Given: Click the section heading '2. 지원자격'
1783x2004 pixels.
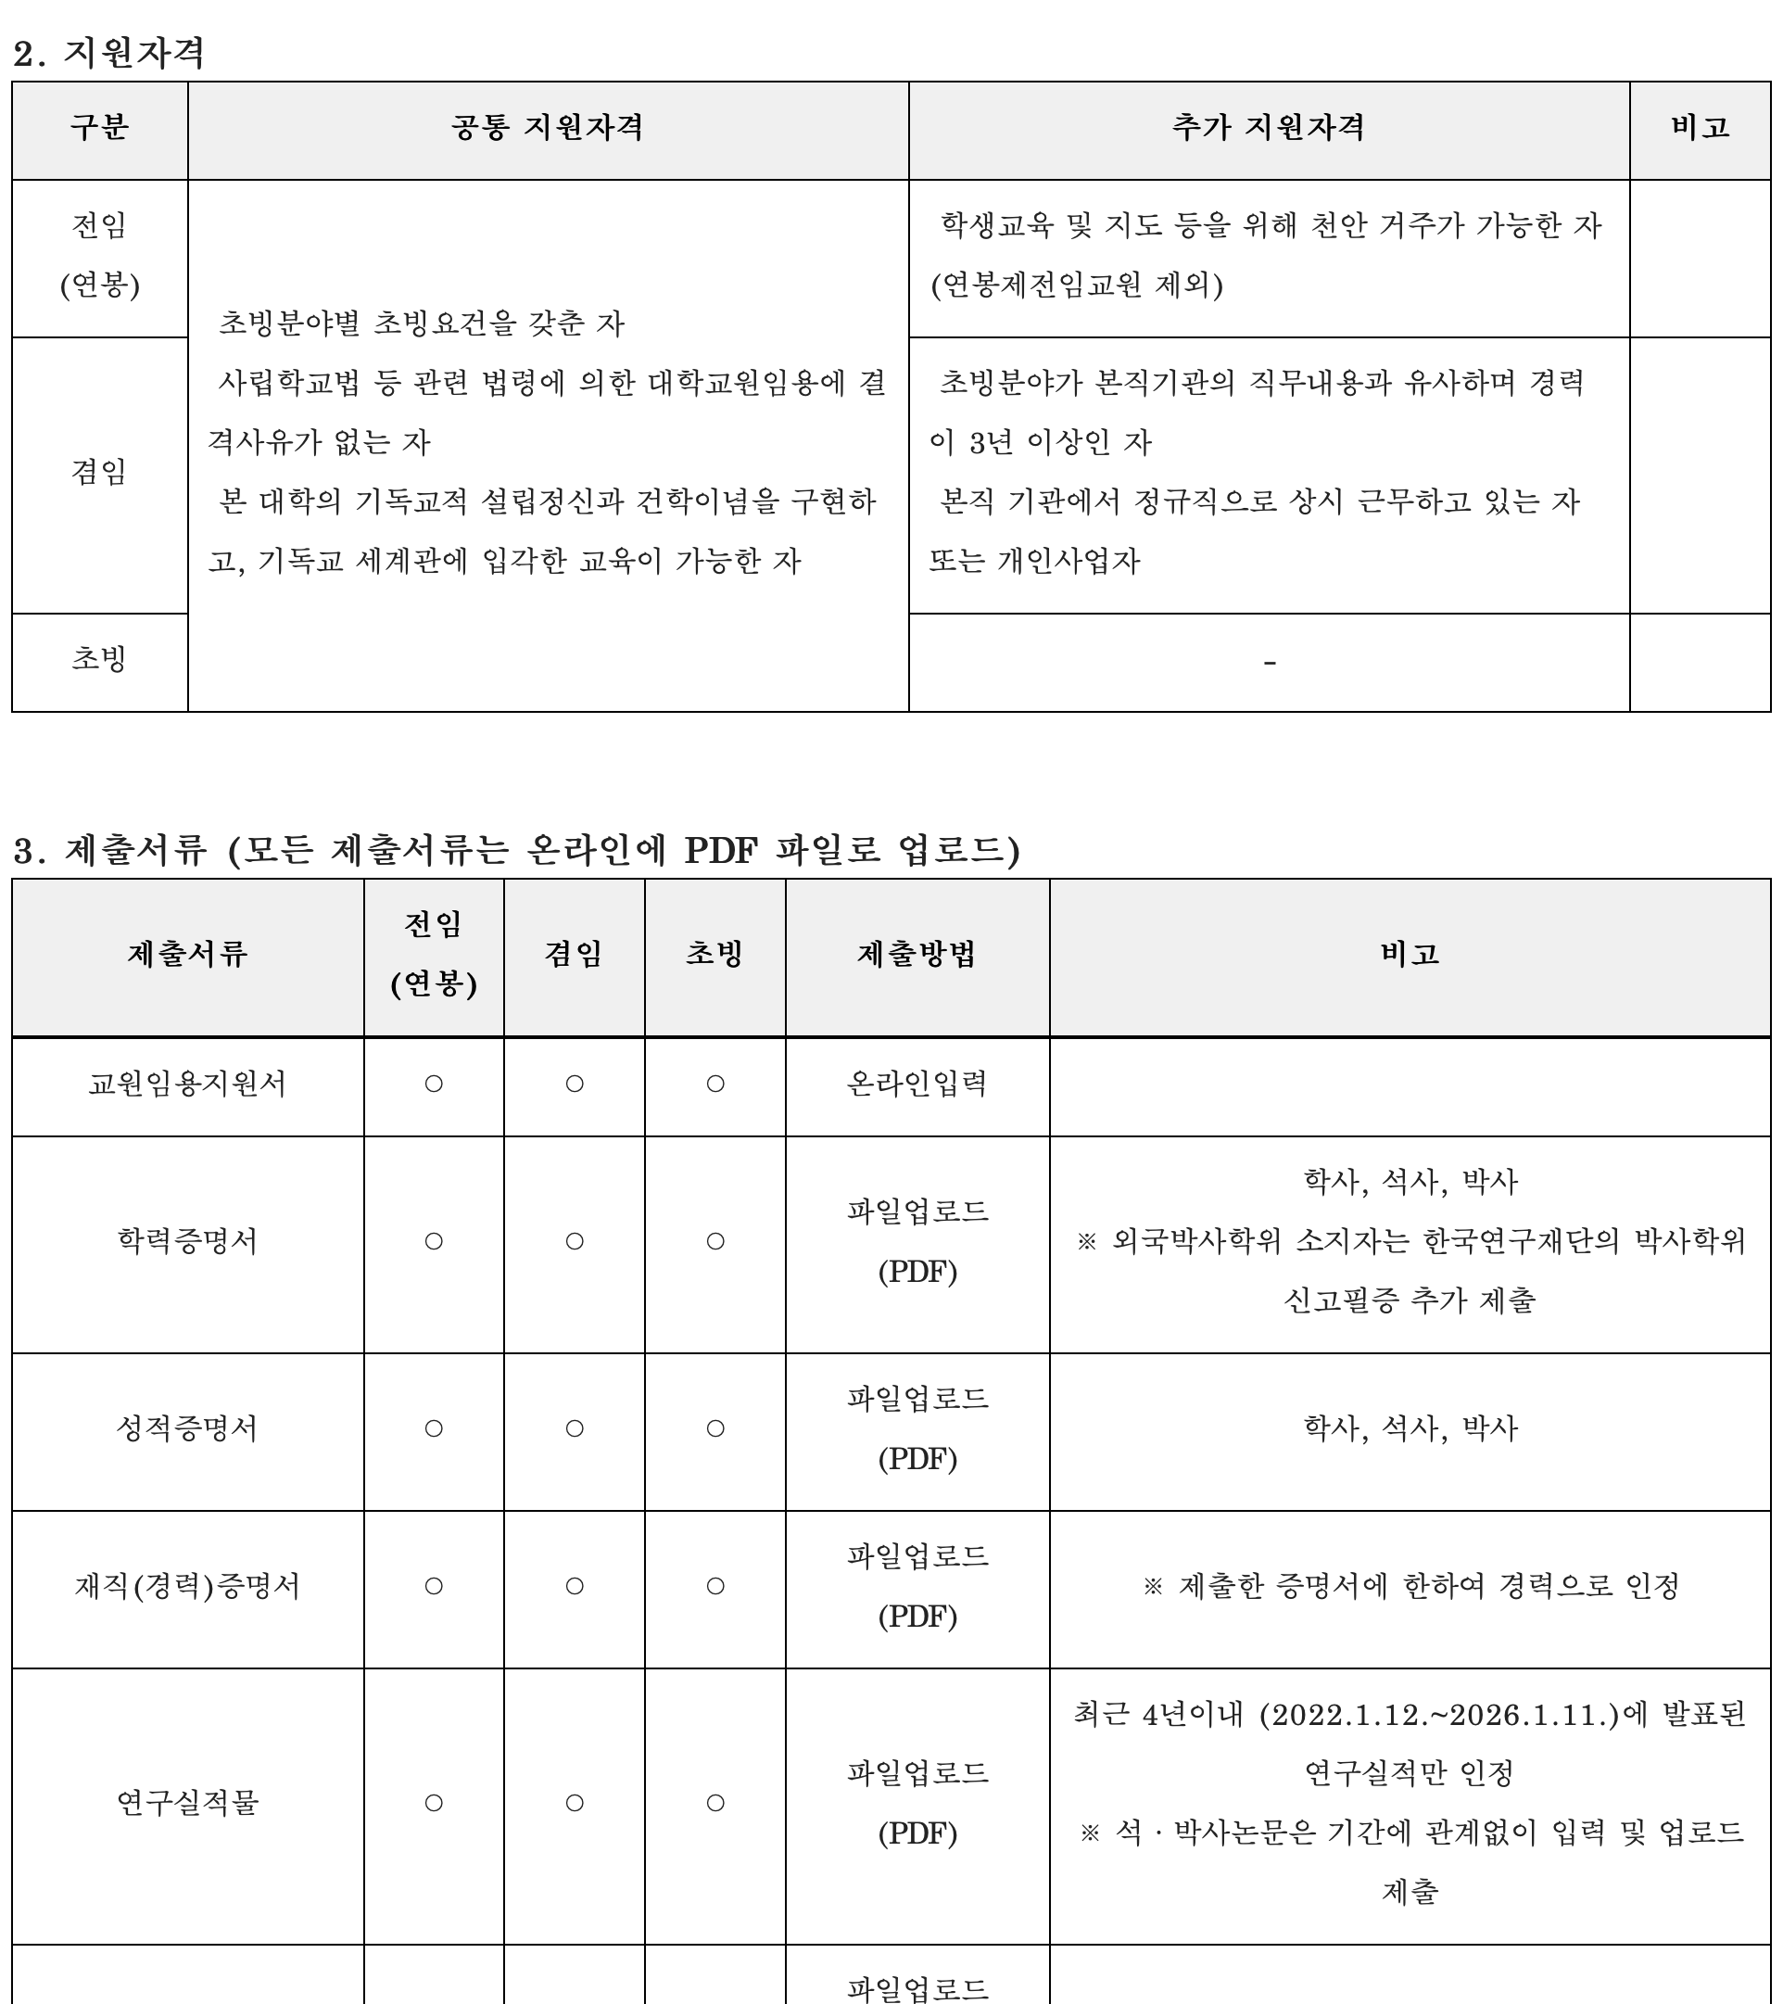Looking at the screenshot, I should (107, 52).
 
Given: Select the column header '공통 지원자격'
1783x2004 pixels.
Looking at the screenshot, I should (547, 128).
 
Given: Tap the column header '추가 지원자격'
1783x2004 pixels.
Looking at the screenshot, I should (1269, 128).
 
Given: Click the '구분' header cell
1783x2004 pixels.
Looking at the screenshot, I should (99, 128).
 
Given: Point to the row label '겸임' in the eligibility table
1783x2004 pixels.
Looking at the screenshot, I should (99, 472).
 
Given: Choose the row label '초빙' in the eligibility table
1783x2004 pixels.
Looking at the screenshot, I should (99, 658).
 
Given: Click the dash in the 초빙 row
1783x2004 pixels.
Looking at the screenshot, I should (1270, 664).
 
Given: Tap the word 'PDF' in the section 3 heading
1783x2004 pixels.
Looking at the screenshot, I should (720, 849).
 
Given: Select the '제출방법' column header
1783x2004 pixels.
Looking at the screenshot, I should (917, 954).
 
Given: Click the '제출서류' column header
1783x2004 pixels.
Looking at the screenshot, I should (187, 954).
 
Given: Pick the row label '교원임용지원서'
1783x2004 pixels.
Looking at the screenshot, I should (187, 1084).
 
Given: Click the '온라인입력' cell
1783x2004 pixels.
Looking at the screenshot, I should (917, 1084).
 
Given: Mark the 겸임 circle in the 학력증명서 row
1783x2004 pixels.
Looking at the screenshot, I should (575, 1241).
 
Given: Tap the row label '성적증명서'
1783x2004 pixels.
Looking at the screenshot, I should (187, 1428).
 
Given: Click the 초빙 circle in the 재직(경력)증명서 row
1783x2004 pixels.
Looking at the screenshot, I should (715, 1586).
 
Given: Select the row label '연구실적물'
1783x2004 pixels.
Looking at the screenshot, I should (187, 1802).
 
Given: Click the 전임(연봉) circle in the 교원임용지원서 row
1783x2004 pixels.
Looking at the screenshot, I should (434, 1084).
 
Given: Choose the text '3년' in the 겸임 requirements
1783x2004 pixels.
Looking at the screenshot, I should (990, 442).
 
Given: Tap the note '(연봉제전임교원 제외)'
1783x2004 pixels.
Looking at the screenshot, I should (1076, 285).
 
